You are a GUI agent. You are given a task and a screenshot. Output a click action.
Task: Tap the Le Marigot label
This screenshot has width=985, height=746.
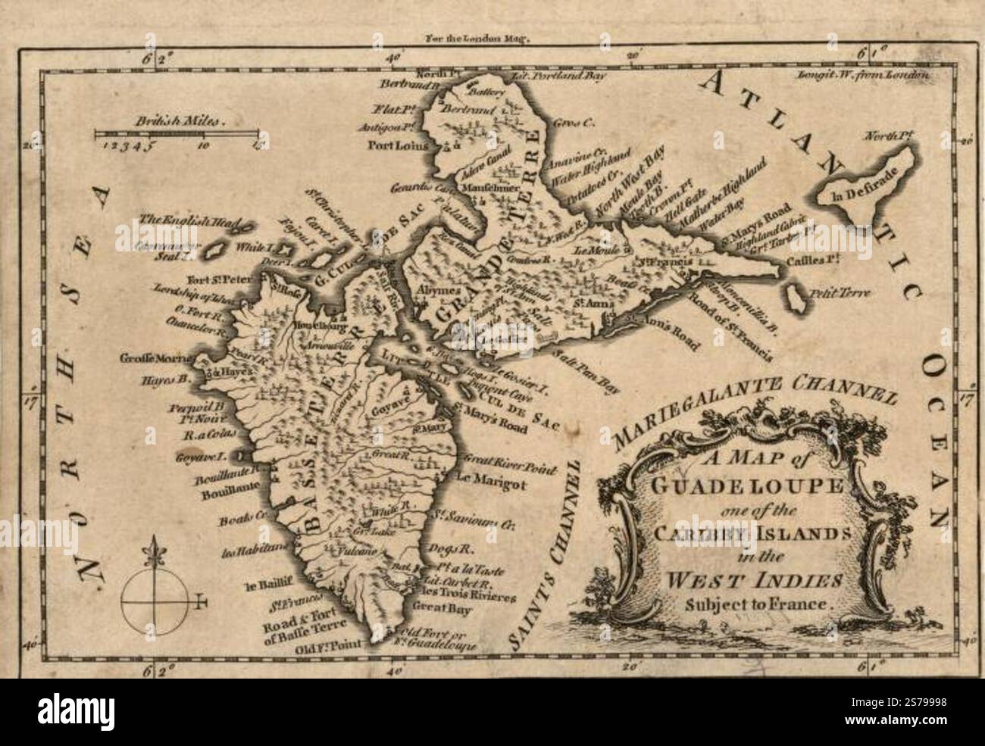pyautogui.click(x=490, y=478)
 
